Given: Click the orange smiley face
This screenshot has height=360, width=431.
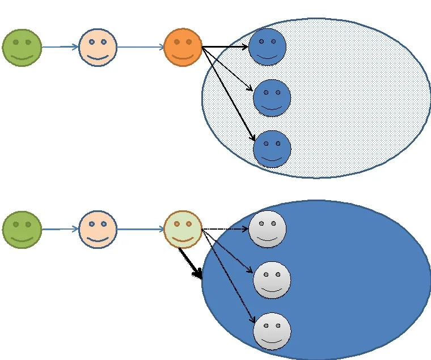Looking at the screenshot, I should click(183, 48).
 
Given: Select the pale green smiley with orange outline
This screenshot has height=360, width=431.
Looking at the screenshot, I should click(183, 230).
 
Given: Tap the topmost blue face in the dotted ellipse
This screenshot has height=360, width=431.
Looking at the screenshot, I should click(267, 47).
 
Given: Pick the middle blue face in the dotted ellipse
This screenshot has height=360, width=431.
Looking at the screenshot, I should click(272, 98).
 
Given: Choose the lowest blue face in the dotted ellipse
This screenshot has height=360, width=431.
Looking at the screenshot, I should click(272, 149).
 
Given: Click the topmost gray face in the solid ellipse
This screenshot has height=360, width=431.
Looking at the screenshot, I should click(267, 229).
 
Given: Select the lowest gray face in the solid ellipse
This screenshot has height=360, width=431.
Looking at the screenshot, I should click(272, 331).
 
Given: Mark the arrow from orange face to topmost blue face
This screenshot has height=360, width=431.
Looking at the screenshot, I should click(225, 47).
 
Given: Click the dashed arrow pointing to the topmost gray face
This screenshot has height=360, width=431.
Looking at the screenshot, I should click(225, 229).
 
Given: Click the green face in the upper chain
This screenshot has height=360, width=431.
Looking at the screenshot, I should click(22, 48).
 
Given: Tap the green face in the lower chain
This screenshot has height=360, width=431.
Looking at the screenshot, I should click(22, 230).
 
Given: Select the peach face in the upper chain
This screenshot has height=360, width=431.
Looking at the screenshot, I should click(98, 48).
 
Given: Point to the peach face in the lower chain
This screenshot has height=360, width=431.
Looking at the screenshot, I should click(98, 230).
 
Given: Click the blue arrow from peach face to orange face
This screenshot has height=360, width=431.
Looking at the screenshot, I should click(140, 47).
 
